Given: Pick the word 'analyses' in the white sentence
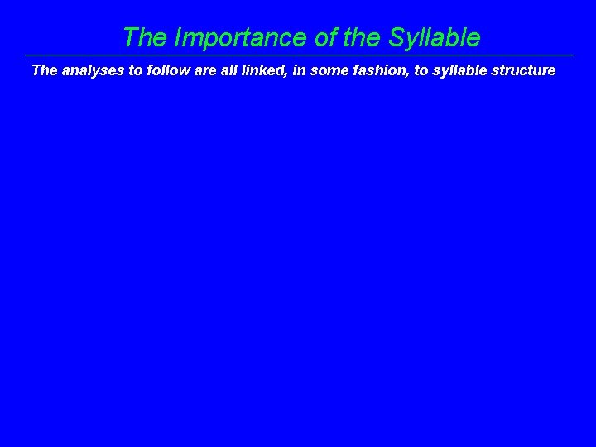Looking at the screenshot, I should coord(92,70).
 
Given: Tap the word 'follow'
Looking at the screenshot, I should coord(168,70).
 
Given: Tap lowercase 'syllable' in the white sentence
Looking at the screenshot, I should coord(460,70).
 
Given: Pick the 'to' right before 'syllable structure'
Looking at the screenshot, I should coord(421,70).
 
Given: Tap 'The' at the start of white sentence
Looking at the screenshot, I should coord(45,70).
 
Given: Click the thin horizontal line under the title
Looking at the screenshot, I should coord(298,55).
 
